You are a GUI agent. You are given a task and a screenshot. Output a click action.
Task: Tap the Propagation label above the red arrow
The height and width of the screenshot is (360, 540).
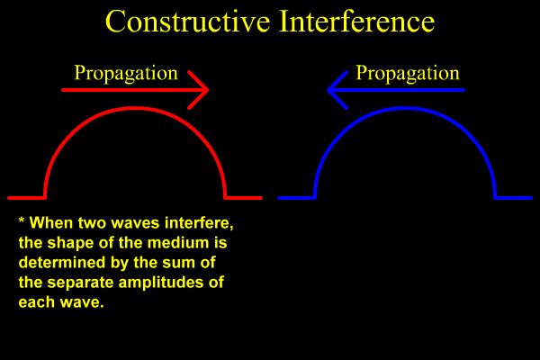pos(125,73)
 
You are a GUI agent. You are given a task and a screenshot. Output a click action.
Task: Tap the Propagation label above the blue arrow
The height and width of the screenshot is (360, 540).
pos(408,73)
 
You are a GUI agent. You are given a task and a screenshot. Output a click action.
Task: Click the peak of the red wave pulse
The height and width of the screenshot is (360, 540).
pos(135,108)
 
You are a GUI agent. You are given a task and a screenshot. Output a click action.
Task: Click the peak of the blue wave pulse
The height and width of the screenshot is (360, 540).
pos(405,108)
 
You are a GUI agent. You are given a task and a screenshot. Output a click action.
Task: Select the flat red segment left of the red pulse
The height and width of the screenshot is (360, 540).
pos(26,197)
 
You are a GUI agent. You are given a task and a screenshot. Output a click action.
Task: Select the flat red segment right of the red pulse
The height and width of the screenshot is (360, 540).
pos(243,197)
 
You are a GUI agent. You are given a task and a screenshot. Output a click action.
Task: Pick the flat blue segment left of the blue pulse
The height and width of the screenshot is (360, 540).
pos(296,197)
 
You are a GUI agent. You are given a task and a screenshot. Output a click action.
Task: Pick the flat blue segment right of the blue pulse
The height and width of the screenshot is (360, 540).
pos(514,197)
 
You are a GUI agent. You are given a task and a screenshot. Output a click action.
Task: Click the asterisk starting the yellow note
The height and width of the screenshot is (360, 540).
pos(22,221)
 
